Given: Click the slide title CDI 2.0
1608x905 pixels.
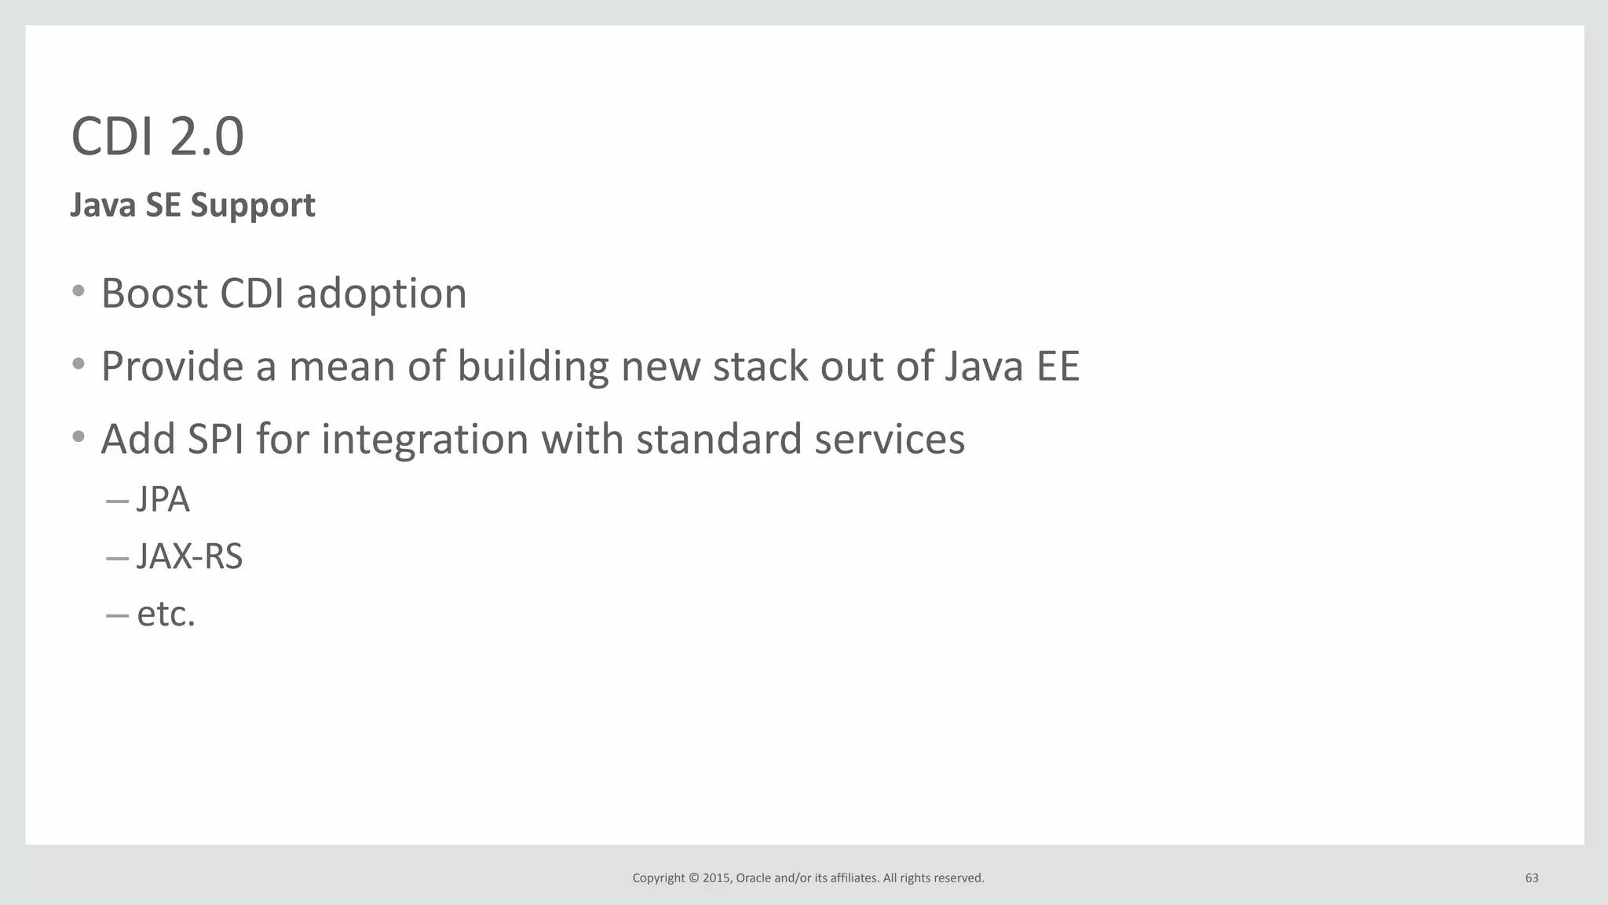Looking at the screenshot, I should click(157, 137).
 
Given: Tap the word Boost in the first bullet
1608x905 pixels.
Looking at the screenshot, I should click(155, 294).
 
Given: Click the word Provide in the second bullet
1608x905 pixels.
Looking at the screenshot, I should click(172, 367).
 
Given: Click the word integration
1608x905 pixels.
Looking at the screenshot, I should click(425, 440).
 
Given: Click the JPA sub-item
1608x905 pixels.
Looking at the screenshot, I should click(163, 500).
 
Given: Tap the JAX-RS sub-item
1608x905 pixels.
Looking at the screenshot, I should click(189, 557).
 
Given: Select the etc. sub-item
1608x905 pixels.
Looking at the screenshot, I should click(166, 615).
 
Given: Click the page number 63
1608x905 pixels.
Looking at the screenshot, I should click(1531, 878).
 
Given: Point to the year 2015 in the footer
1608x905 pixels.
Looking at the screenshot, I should click(716, 878).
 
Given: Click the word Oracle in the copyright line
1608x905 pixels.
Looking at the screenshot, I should click(753, 878).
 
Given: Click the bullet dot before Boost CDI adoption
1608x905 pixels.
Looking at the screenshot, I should click(78, 292).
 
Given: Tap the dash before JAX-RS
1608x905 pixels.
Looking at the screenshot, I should click(117, 559).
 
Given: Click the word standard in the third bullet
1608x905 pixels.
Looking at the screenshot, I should click(718, 439).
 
